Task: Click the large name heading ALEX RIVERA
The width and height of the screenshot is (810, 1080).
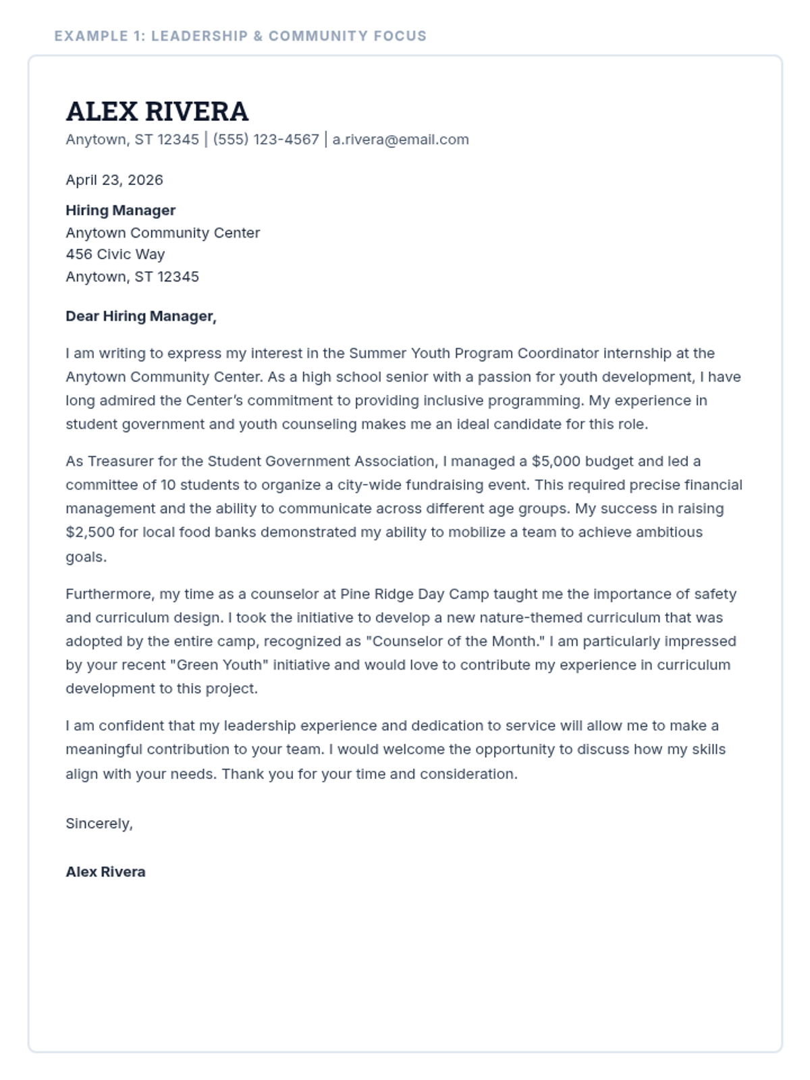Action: (x=157, y=111)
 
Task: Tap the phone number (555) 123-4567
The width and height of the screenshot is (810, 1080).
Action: (x=266, y=140)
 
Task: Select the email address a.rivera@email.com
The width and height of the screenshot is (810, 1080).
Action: (x=400, y=140)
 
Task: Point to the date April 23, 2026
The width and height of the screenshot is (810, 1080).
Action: (x=114, y=180)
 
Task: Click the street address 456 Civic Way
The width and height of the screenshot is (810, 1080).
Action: (x=115, y=254)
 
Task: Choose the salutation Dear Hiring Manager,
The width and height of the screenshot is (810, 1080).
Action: (x=140, y=316)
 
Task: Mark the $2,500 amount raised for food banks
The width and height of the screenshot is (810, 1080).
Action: (x=90, y=532)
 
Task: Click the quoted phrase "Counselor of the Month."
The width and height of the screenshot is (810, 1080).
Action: (x=457, y=641)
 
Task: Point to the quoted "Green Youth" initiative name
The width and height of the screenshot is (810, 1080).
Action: (x=218, y=665)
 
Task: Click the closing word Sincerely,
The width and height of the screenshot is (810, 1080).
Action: (x=99, y=823)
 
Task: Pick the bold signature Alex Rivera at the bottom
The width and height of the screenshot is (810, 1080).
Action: (x=105, y=871)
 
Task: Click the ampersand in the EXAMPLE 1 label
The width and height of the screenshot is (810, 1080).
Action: (x=258, y=36)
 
